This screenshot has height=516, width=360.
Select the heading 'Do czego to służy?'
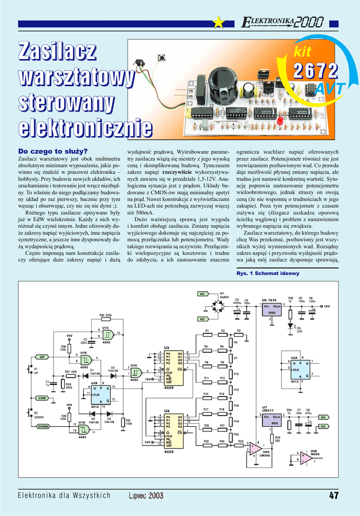tap(53, 151)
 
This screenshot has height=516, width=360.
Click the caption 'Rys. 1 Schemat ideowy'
tap(268, 273)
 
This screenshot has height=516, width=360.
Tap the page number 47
tap(334, 495)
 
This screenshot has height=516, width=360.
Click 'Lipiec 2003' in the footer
tap(146, 495)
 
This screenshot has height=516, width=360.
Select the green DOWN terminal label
tap(43, 426)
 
